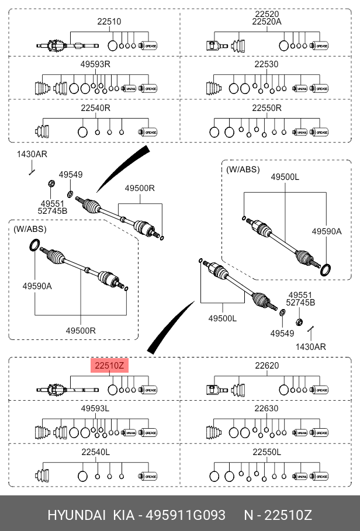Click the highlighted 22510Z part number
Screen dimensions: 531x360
click(x=109, y=366)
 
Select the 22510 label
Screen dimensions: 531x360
click(x=109, y=22)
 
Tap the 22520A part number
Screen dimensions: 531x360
click(x=266, y=22)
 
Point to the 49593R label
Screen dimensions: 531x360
click(x=95, y=64)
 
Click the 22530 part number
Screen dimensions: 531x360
click(x=266, y=64)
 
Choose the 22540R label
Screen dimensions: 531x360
click(x=95, y=108)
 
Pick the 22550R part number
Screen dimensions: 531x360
click(x=266, y=108)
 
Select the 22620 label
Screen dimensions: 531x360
click(x=266, y=366)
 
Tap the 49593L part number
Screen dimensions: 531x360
click(x=95, y=408)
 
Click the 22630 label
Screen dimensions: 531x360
click(x=266, y=408)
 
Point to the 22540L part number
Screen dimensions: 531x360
click(x=95, y=452)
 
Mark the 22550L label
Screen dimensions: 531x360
click(x=266, y=452)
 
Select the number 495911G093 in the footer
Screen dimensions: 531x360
click(x=185, y=515)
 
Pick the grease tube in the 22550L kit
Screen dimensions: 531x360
click(x=319, y=476)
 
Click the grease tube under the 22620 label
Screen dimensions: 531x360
click(x=319, y=390)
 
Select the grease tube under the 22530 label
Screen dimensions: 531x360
click(x=319, y=89)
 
